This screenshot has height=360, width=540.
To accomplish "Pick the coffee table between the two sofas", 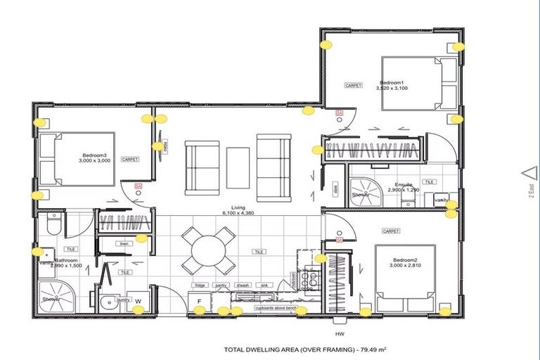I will [238, 166].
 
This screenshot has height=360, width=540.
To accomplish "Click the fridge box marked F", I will [199, 302].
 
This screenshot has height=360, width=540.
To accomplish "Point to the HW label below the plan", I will [340, 333].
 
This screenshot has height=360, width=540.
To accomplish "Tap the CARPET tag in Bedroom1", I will [353, 85].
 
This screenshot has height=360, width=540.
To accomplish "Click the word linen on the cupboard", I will [125, 244].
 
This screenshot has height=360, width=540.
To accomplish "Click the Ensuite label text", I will [405, 185].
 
